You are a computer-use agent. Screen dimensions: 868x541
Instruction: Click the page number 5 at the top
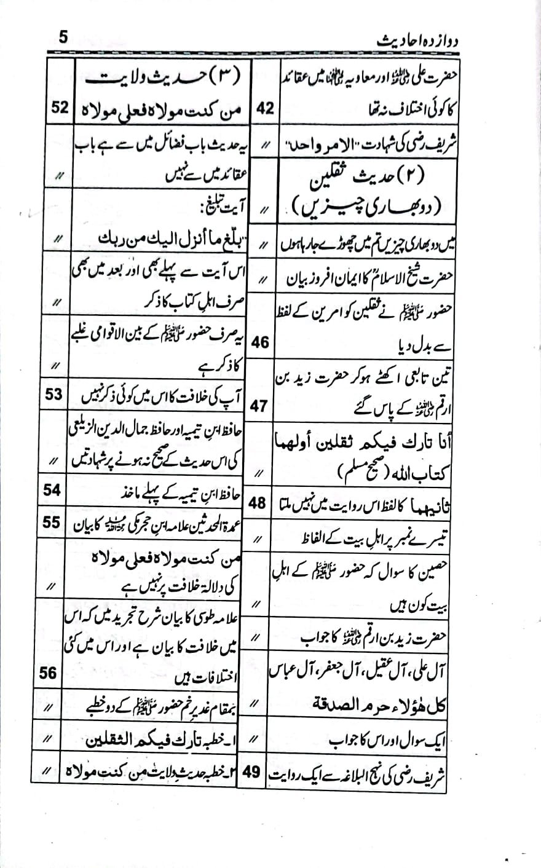pos(64,37)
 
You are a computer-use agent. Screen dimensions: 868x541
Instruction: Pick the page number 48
pos(258,503)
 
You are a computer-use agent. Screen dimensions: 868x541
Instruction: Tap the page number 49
pos(253,769)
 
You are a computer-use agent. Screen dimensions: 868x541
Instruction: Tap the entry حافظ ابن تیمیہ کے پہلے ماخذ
pos(184,492)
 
